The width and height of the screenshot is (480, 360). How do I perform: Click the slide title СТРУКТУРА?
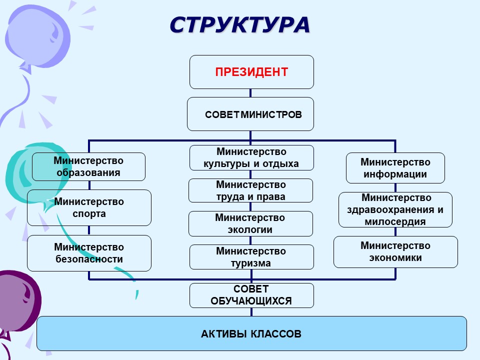point(239,24)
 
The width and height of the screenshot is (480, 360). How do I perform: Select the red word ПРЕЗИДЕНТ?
point(251,72)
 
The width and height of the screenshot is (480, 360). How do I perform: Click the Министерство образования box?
point(88,166)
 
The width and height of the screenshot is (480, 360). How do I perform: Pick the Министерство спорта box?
point(89,207)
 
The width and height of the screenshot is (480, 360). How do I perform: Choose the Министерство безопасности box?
point(89,253)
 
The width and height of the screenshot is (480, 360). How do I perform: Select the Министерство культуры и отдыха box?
point(251,157)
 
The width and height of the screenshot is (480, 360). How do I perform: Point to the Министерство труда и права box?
point(250,190)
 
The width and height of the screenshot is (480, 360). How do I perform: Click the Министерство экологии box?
point(250,223)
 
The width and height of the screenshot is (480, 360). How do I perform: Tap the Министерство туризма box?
point(251,257)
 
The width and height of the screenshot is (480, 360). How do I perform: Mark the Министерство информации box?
point(395,168)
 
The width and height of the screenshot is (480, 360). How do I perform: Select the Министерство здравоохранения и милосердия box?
point(395,209)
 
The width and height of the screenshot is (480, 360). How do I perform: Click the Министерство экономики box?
point(395,251)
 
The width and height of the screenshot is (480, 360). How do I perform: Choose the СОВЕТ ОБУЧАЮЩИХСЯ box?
point(251,295)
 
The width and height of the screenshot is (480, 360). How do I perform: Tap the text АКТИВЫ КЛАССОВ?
point(251,333)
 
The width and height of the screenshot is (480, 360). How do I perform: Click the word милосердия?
point(395,222)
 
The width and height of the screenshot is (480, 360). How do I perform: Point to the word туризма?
point(251,263)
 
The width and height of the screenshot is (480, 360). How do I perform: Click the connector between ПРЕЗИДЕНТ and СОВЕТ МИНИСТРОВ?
point(250,93)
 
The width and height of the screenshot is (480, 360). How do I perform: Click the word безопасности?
point(89,259)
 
